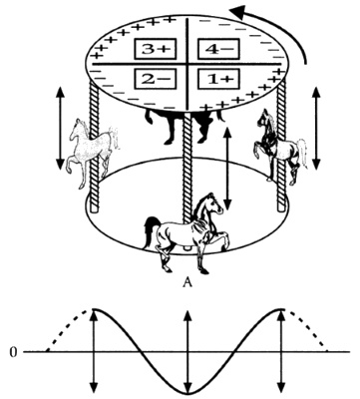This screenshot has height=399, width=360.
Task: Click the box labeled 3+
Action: coord(156,49)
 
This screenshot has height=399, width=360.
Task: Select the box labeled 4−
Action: coord(218,49)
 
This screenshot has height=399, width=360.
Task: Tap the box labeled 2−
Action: coord(156,79)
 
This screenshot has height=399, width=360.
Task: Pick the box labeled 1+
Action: coord(218,79)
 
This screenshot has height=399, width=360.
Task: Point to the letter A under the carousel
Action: coord(187,282)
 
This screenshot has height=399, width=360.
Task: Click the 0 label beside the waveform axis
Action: coord(13,352)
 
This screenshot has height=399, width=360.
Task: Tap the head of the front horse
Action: coord(212,202)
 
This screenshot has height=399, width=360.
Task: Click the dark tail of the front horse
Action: coord(151,231)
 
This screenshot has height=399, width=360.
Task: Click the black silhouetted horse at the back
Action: coord(182,125)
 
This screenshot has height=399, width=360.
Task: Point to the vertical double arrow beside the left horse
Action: coord(60,128)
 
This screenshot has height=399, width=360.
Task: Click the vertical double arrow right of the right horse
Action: coord(316,128)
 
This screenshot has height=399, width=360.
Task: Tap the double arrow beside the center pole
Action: coord(227,169)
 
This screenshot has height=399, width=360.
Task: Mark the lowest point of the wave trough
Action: coord(187,393)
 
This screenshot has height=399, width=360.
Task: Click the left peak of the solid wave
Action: coord(94,309)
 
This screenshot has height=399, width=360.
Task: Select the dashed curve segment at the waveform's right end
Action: coord(307,327)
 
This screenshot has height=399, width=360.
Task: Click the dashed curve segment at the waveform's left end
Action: coord(68,327)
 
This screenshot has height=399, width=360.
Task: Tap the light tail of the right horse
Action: coord(302,152)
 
